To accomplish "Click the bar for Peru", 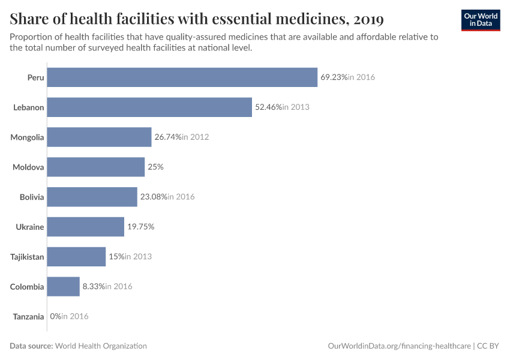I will (x=182, y=77).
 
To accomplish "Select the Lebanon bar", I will (x=149, y=107).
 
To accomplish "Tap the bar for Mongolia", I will (x=99, y=137).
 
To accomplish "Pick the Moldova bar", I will (x=95, y=167).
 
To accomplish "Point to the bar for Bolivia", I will (x=92, y=197).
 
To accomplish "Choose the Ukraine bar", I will (x=85, y=227).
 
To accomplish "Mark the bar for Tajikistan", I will (x=76, y=257).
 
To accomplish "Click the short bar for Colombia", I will (x=63, y=286).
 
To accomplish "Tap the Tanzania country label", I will (x=28, y=317).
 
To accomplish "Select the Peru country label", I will (x=35, y=77).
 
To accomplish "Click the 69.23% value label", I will (x=334, y=77).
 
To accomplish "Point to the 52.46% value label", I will (x=268, y=107).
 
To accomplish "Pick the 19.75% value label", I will (x=141, y=227).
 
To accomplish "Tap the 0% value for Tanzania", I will (x=56, y=316).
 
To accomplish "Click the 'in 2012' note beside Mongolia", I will (x=196, y=137).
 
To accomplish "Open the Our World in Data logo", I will (x=480, y=20).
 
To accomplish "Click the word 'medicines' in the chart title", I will (x=305, y=19).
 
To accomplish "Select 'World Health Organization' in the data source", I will (x=101, y=346).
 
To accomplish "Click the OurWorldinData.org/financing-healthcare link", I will (x=399, y=346).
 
